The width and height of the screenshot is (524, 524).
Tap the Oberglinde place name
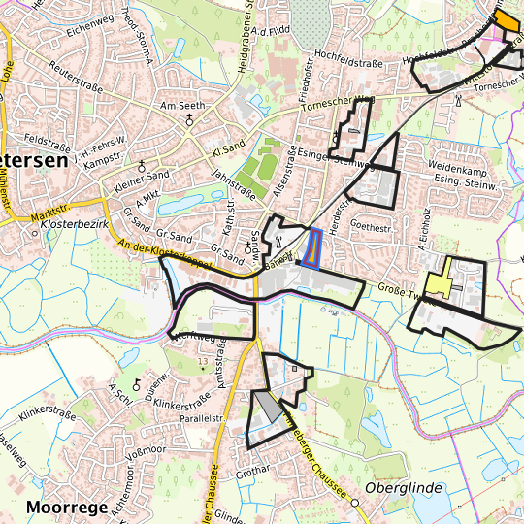[x=404, y=487]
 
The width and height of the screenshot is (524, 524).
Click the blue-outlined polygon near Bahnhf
[x=312, y=247]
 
